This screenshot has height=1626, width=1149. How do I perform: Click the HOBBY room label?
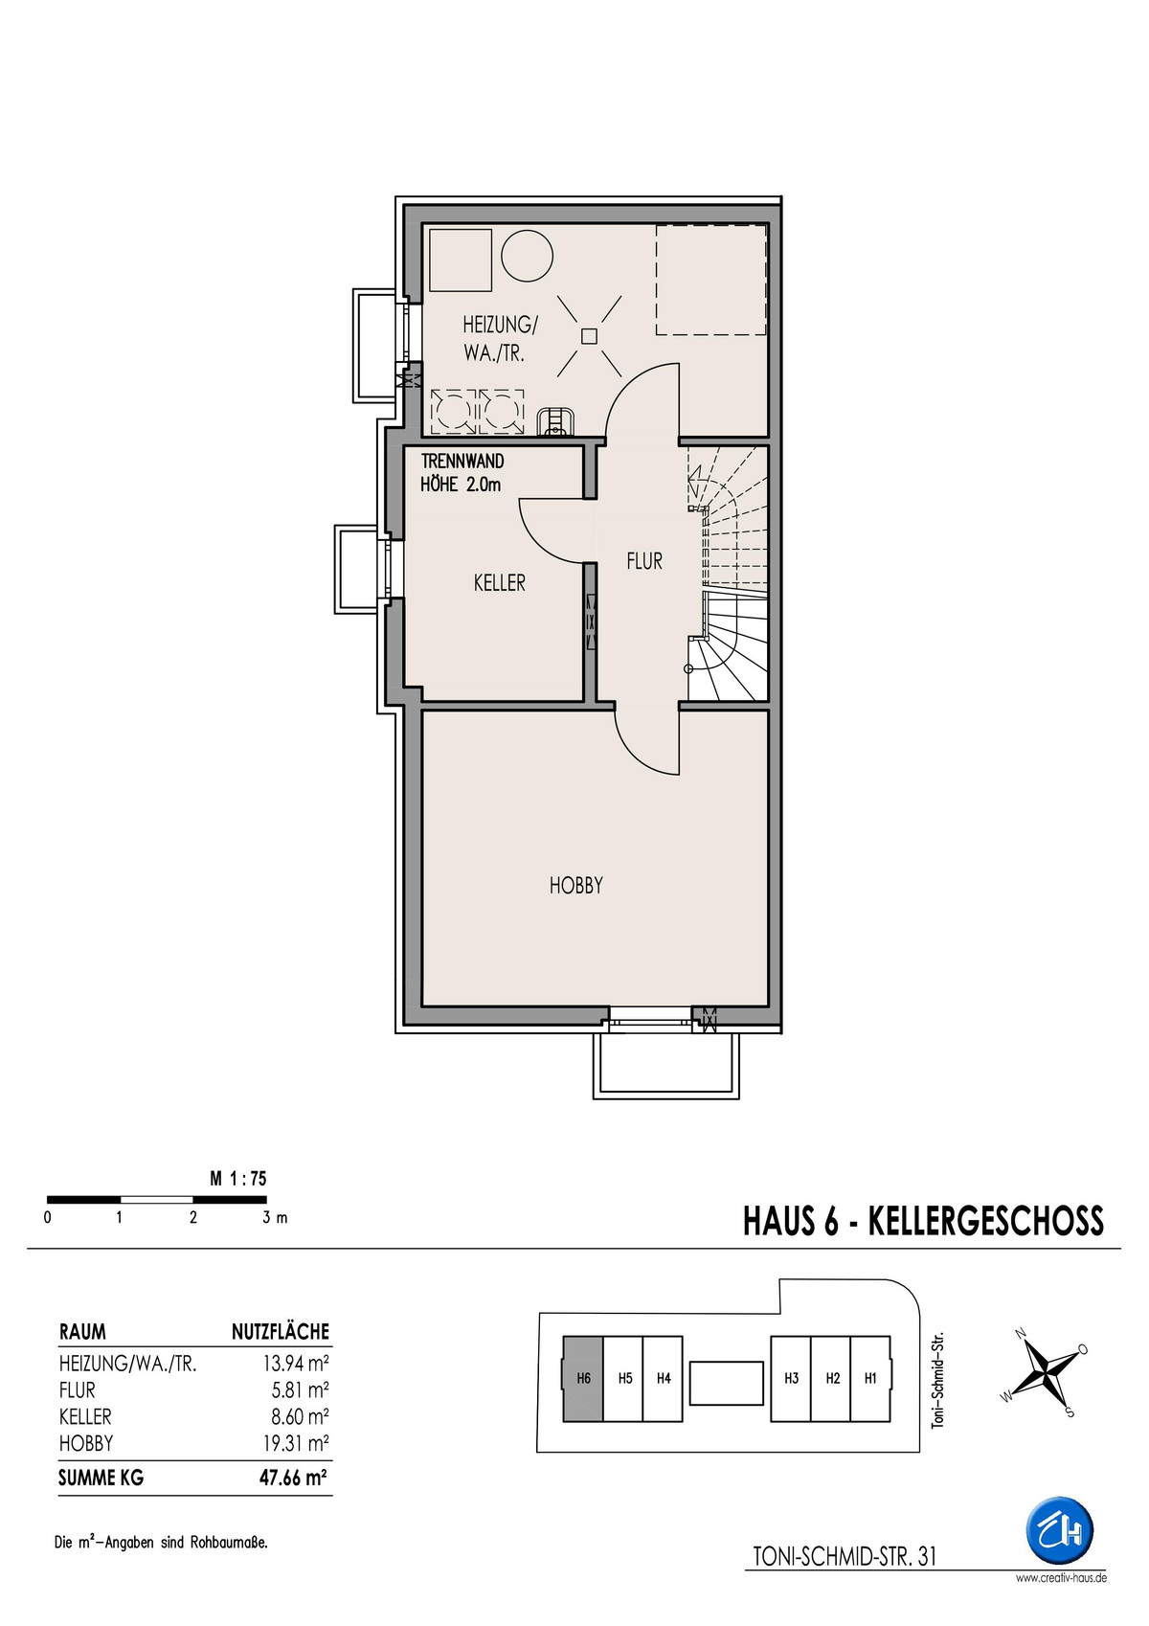pyautogui.click(x=575, y=886)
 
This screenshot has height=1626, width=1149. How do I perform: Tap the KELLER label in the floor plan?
pyautogui.click(x=500, y=582)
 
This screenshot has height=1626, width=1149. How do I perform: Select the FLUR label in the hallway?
pyautogui.click(x=644, y=560)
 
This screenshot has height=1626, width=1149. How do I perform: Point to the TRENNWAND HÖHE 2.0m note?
pyautogui.click(x=462, y=473)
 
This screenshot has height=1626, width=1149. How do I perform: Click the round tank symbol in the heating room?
pyautogui.click(x=527, y=257)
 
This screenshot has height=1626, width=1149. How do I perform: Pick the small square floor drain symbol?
pyautogui.click(x=590, y=335)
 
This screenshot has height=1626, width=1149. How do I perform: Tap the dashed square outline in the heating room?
pyautogui.click(x=711, y=280)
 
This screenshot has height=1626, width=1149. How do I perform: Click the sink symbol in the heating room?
pyautogui.click(x=556, y=421)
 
